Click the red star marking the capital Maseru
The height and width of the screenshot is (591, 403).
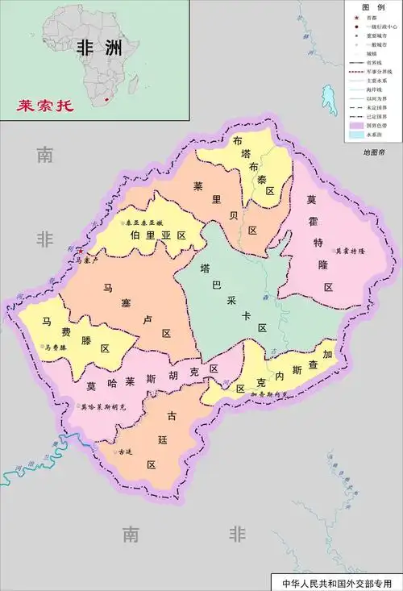80,252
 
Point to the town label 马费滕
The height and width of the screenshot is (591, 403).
58,348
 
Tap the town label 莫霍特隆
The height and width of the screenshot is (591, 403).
351,251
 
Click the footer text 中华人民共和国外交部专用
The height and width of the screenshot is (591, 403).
334,582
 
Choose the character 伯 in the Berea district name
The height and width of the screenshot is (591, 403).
135,235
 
